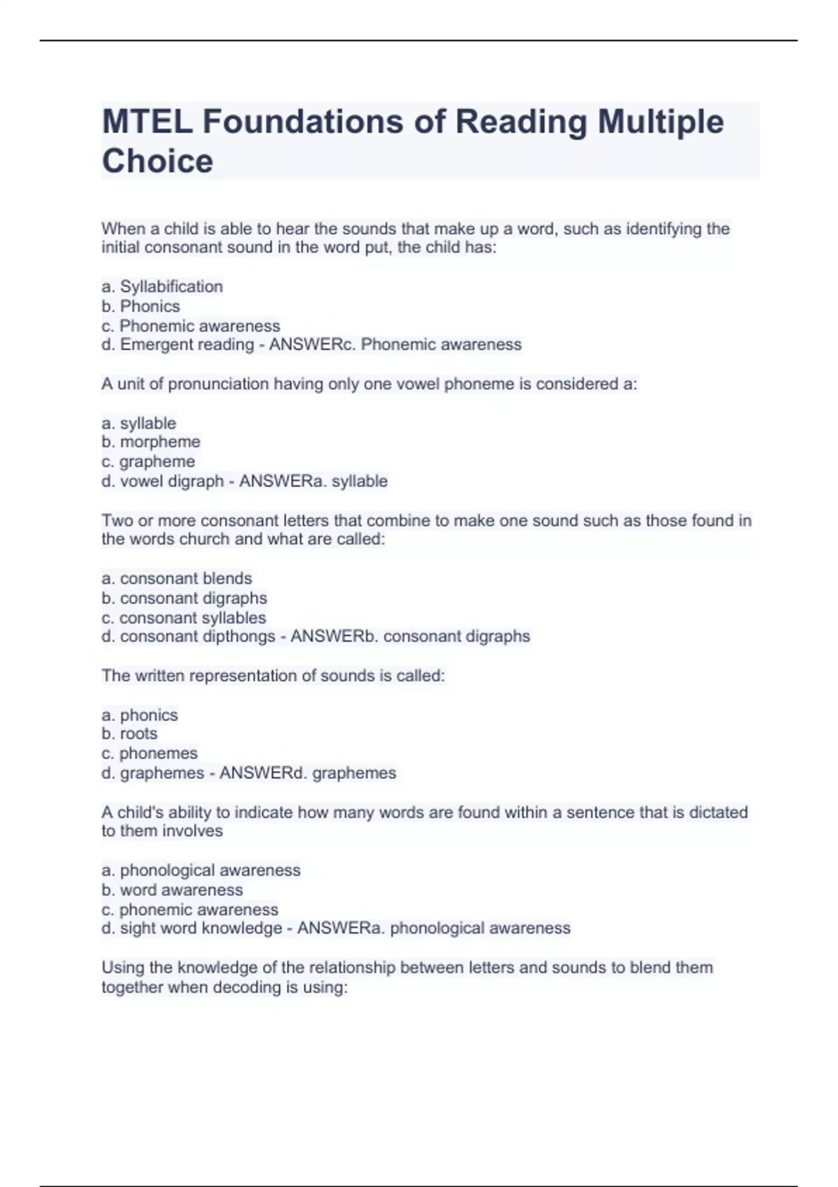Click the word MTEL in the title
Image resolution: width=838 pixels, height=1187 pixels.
tap(146, 121)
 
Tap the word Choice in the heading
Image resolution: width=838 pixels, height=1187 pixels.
tap(158, 161)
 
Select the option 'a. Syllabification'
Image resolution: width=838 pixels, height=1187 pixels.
tap(162, 286)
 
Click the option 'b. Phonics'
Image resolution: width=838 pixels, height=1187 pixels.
tap(140, 306)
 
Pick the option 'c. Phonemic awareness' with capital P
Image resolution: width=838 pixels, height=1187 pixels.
tap(191, 325)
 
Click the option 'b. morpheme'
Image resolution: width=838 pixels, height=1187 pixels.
tap(151, 441)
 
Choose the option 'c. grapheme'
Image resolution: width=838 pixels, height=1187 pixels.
tap(148, 461)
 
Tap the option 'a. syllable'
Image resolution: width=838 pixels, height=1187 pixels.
tap(139, 423)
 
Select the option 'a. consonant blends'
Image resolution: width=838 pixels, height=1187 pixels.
tap(177, 578)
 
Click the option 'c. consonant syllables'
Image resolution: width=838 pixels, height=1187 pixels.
tap(184, 617)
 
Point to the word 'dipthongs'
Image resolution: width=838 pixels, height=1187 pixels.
tap(239, 636)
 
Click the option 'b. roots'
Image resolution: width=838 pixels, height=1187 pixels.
tap(129, 733)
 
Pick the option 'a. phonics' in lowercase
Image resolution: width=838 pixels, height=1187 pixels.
tap(140, 714)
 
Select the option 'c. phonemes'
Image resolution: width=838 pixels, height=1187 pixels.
tap(149, 753)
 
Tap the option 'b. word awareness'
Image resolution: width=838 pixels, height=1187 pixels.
tap(172, 890)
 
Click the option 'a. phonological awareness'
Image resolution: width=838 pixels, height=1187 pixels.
tap(201, 870)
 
